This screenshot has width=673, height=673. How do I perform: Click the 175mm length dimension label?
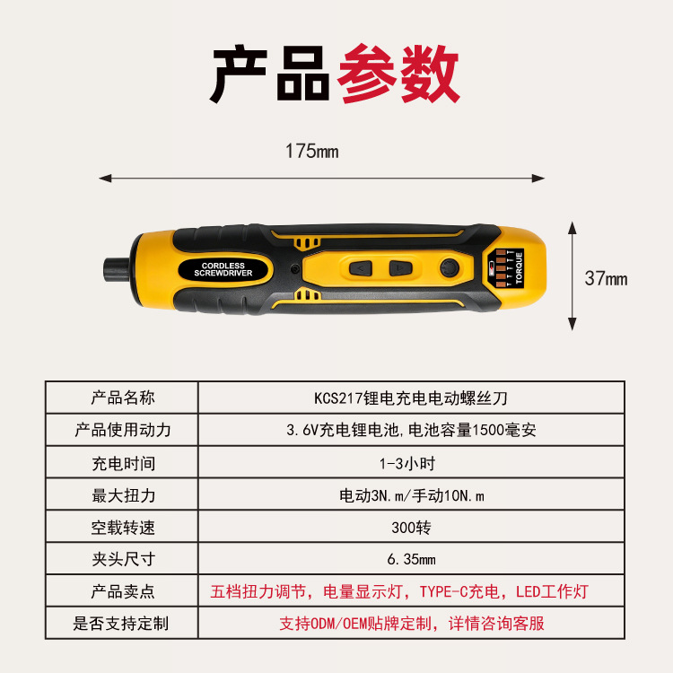click(x=312, y=151)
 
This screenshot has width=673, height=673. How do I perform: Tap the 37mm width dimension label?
click(x=606, y=278)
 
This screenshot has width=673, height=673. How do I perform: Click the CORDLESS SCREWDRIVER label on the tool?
click(x=223, y=269)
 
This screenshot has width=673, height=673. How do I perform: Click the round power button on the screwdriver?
click(x=450, y=268)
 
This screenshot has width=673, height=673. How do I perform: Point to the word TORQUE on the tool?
click(x=519, y=267)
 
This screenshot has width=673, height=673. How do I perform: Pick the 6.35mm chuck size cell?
click(x=411, y=559)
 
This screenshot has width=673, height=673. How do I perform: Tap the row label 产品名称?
click(x=123, y=398)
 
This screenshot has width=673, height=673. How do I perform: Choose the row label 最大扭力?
click(x=123, y=495)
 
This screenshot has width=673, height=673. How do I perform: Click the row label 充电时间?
click(x=123, y=464)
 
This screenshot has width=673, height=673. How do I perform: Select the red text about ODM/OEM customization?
click(x=412, y=624)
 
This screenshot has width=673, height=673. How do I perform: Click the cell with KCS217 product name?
click(x=411, y=398)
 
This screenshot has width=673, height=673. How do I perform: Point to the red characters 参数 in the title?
click(x=398, y=74)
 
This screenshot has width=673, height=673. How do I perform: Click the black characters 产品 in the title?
click(x=269, y=74)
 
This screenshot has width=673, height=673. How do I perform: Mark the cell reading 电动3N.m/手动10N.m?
click(x=412, y=495)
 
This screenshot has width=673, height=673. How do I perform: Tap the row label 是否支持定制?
click(x=121, y=624)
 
